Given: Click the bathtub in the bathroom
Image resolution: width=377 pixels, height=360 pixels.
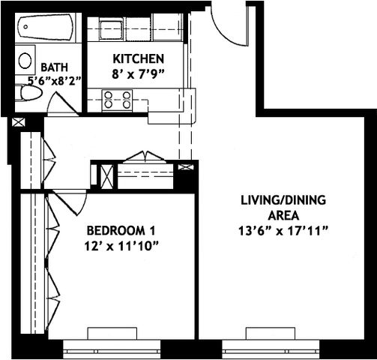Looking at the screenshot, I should click(45, 29).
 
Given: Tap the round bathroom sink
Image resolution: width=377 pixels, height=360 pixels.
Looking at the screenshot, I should click(25, 60).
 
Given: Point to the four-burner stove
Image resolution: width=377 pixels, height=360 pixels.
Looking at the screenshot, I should click(117, 99).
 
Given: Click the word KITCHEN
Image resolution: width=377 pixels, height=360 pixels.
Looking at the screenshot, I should click(139, 58).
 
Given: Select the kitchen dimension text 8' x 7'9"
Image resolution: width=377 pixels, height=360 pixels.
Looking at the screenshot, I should click(139, 73).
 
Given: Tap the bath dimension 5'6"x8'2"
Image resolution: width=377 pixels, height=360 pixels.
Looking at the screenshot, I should click(55, 79).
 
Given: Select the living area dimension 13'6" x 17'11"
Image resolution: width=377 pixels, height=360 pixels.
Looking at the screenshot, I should click(281, 230).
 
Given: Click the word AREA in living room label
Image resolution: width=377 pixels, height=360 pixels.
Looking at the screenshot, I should click(281, 215).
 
